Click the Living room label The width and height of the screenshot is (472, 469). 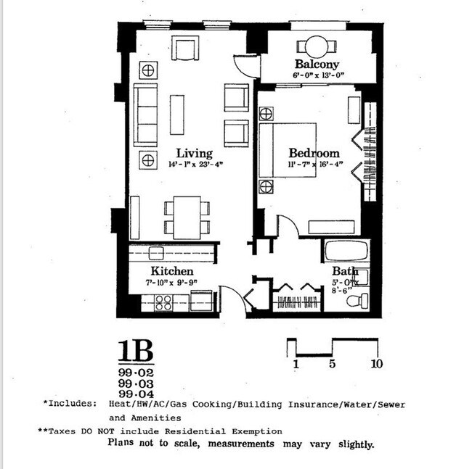pyautogui.click(x=195, y=153)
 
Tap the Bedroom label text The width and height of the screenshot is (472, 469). pyautogui.click(x=314, y=153)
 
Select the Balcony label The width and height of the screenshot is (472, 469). pyautogui.click(x=317, y=65)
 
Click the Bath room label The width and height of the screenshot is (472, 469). pyautogui.click(x=346, y=271)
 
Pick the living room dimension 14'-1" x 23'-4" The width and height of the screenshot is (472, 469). pyautogui.click(x=195, y=165)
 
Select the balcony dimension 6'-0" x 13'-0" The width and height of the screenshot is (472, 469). pyautogui.click(x=317, y=75)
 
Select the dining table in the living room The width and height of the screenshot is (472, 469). pyautogui.click(x=188, y=217)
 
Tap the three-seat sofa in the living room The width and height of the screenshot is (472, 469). pyautogui.click(x=146, y=115)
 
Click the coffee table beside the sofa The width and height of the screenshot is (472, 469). pyautogui.click(x=177, y=115)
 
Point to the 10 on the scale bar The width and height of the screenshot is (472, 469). pyautogui.click(x=377, y=363)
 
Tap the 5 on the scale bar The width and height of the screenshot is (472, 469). pyautogui.click(x=333, y=363)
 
